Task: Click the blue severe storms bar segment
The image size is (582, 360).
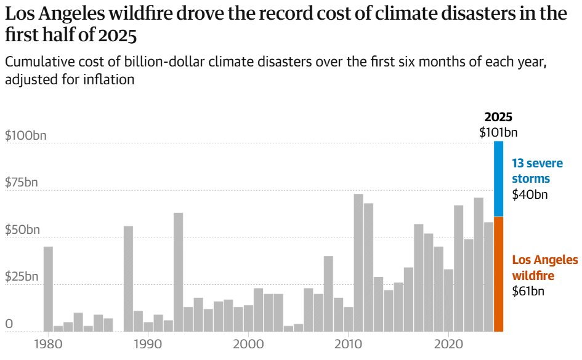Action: pos(498,179)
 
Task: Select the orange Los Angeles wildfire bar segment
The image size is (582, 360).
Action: pos(498,274)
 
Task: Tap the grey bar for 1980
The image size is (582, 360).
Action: pos(48,289)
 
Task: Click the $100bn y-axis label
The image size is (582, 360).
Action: pos(22,135)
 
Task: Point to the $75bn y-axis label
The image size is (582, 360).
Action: pos(20,183)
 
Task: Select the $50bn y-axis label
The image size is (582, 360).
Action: pos(21,230)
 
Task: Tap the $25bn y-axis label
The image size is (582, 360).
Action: pos(21,276)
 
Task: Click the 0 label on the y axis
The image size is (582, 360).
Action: pos(9,324)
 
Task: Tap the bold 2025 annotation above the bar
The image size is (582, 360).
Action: pos(498,117)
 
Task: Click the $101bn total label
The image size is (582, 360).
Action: pos(498,132)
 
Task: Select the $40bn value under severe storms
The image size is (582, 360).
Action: pos(530,194)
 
